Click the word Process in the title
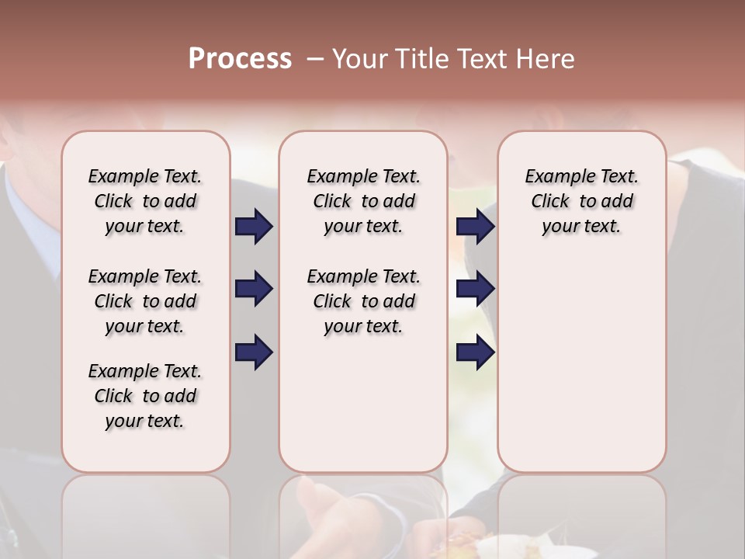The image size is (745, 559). pyautogui.click(x=240, y=59)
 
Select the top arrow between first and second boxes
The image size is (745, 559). pyautogui.click(x=254, y=227)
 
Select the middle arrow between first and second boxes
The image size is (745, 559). pyautogui.click(x=254, y=290)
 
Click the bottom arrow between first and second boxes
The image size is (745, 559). pyautogui.click(x=254, y=352)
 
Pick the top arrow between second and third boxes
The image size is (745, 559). pyautogui.click(x=475, y=227)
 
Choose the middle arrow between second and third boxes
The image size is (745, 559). pyautogui.click(x=475, y=290)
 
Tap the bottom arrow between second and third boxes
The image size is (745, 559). pyautogui.click(x=475, y=352)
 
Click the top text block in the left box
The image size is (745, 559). pyautogui.click(x=145, y=201)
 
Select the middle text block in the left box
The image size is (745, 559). pyautogui.click(x=145, y=301)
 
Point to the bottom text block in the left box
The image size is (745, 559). pyautogui.click(x=145, y=396)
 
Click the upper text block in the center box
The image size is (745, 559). pyautogui.click(x=363, y=201)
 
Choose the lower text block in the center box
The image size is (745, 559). pyautogui.click(x=363, y=301)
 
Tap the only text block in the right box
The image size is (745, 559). pyautogui.click(x=581, y=201)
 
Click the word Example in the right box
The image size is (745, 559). pyautogui.click(x=554, y=177)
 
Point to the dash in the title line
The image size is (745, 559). pyautogui.click(x=315, y=59)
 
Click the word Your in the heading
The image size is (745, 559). pyautogui.click(x=360, y=59)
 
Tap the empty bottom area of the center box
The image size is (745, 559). pyautogui.click(x=363, y=411)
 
